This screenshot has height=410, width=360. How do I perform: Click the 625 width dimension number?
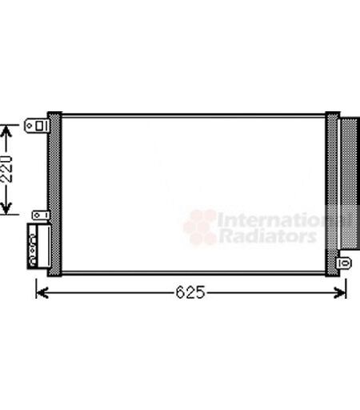point(190,292)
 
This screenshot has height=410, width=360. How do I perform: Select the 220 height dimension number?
point(6,169)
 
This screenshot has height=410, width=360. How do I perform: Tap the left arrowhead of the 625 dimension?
point(42,293)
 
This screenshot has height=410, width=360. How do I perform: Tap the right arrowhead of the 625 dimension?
point(340,293)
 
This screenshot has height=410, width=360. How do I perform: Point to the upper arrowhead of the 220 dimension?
point(6,131)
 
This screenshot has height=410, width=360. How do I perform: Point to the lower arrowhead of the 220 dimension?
point(6,208)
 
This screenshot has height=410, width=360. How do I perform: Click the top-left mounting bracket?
point(37,126)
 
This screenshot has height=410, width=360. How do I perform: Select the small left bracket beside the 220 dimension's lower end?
point(41,215)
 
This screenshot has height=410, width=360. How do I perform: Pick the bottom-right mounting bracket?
point(344,263)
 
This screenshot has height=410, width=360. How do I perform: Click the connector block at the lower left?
point(39,246)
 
